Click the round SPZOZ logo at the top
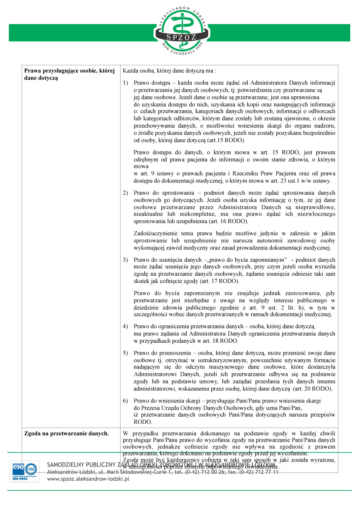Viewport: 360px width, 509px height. pyautogui.click(x=180, y=29)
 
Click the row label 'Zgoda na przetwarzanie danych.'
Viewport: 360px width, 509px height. pyautogui.click(x=66, y=433)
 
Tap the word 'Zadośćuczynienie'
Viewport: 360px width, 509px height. pyautogui.click(x=156, y=233)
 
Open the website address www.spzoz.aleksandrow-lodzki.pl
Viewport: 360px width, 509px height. pyautogui.click(x=88, y=478)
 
